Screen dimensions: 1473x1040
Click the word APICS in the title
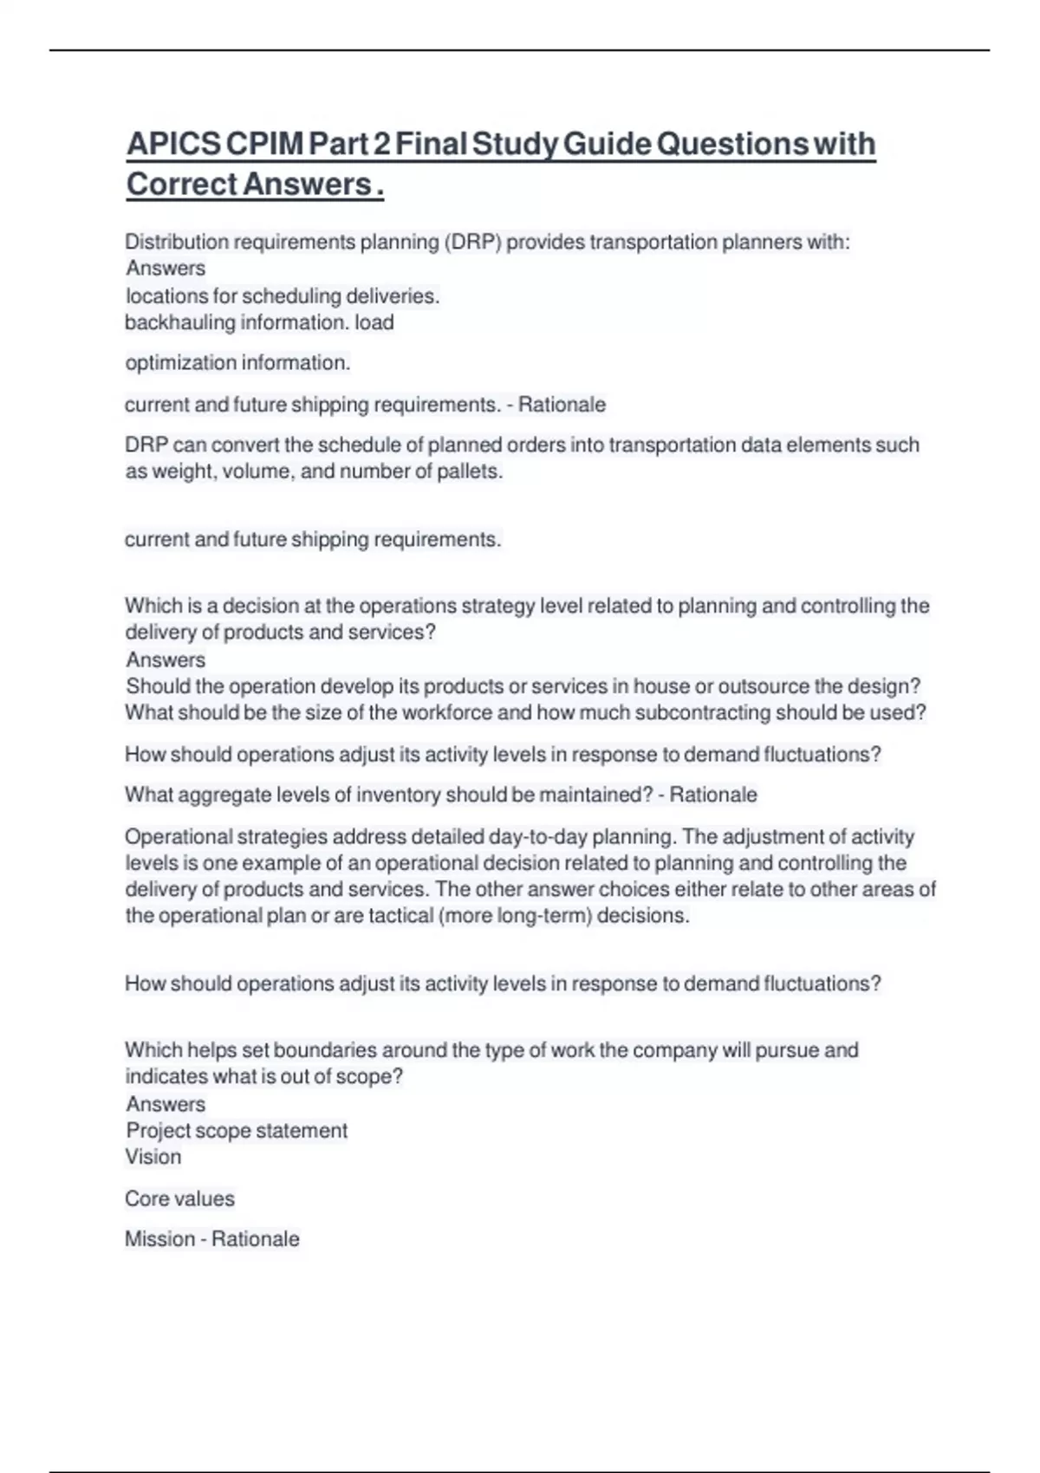point(173,144)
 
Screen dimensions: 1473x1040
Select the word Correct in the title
point(181,185)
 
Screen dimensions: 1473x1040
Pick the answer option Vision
point(153,1157)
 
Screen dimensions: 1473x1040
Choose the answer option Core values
point(179,1199)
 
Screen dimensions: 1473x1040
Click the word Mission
point(159,1239)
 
